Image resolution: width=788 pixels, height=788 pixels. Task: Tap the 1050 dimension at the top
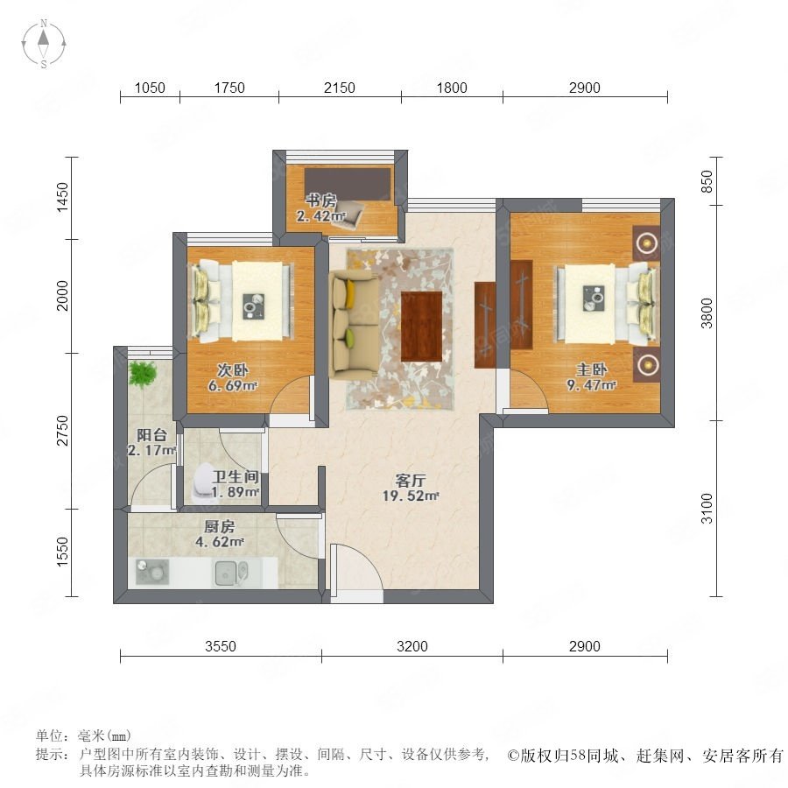pyautogui.click(x=150, y=88)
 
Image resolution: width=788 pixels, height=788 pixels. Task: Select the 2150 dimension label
pyautogui.click(x=339, y=88)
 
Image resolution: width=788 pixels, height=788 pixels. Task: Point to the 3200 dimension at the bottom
pyautogui.click(x=412, y=646)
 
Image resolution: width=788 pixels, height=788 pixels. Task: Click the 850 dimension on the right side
pyautogui.click(x=707, y=181)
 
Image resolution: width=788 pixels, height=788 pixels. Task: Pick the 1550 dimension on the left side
pyautogui.click(x=62, y=552)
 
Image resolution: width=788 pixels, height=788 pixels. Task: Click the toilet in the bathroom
pyautogui.click(x=203, y=482)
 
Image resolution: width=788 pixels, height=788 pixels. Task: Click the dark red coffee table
pyautogui.click(x=422, y=327)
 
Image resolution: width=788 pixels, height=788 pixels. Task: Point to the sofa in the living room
pyautogui.click(x=354, y=325)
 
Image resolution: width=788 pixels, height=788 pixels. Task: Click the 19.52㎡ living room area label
pyautogui.click(x=411, y=496)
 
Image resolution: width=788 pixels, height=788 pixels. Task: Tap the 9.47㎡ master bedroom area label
pyautogui.click(x=592, y=385)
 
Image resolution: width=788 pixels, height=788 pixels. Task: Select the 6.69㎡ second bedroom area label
pyautogui.click(x=233, y=386)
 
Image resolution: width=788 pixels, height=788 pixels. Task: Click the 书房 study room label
pyautogui.click(x=321, y=201)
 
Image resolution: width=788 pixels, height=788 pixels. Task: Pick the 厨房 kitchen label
pyautogui.click(x=220, y=526)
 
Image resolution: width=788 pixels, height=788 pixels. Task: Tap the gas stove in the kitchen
pyautogui.click(x=152, y=573)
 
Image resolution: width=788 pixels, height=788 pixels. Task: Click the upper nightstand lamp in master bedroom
pyautogui.click(x=646, y=243)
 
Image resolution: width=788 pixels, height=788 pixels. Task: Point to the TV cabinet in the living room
pyautogui.click(x=485, y=325)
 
